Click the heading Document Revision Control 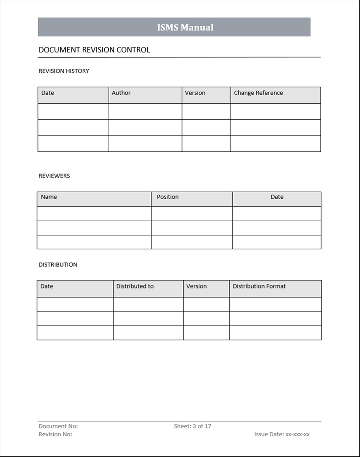tap(94, 50)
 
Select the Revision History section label tap(64, 71)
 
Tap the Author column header tap(121, 93)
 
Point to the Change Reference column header tap(258, 93)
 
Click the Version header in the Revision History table tap(195, 93)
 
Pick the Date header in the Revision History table tap(48, 93)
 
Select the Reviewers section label tap(54, 176)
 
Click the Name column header tap(49, 197)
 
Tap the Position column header tap(168, 197)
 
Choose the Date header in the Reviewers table tap(277, 197)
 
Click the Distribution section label tap(58, 265)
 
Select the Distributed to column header tap(135, 287)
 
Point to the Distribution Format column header tap(259, 287)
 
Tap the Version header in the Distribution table tap(196, 287)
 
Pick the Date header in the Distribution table tap(47, 287)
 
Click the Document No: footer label tap(58, 427)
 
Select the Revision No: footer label tap(55, 435)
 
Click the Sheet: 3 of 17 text tap(193, 427)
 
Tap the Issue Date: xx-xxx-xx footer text tap(282, 435)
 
